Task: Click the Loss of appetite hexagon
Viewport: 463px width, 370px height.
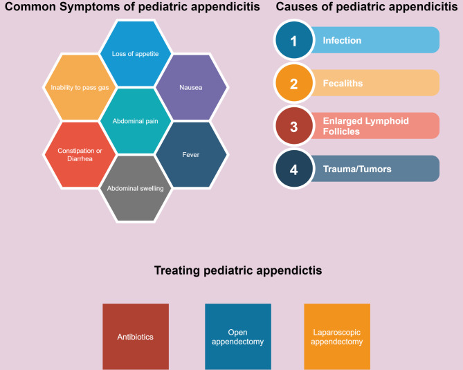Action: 135,53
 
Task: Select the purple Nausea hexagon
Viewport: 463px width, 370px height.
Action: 191,88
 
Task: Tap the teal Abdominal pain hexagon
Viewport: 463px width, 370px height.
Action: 135,121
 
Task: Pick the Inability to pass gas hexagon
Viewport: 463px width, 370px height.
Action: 80,88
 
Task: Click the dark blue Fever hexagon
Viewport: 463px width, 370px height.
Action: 191,154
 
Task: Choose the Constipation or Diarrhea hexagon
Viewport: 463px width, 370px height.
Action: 80,154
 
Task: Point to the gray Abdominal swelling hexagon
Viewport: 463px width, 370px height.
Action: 135,187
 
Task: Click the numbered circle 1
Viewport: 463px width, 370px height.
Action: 293,41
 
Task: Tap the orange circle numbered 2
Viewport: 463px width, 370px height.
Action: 293,84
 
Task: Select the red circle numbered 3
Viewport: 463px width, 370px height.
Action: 293,127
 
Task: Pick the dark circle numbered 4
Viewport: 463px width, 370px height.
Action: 293,169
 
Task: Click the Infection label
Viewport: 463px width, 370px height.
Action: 342,41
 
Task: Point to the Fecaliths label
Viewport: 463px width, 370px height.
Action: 343,84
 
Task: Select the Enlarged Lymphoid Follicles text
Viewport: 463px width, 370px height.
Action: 365,126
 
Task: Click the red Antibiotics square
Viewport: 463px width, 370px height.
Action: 136,337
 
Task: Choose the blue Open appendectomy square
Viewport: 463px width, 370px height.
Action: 237,337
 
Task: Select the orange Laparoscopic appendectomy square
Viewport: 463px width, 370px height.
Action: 337,337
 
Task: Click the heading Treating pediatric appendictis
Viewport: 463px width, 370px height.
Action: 237,270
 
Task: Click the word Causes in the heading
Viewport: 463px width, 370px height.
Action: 297,8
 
